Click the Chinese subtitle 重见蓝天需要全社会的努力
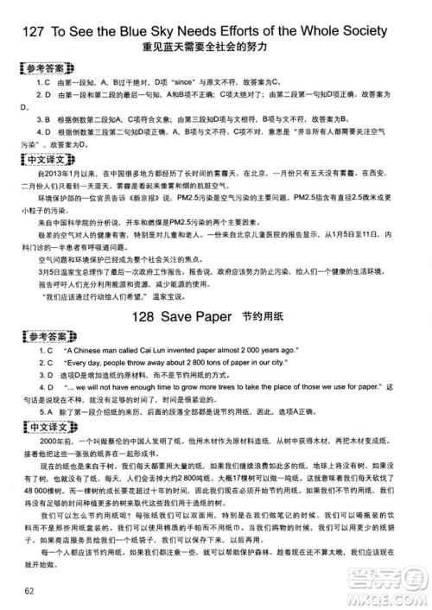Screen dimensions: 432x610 (215, 47)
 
